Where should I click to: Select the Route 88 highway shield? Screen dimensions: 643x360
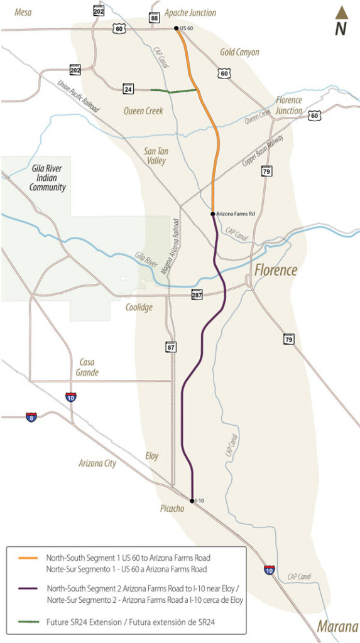click(154, 19)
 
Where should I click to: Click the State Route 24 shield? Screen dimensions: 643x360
click(128, 90)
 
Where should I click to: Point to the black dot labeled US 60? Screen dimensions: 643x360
click(177, 29)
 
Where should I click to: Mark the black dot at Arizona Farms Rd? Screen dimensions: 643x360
click(213, 214)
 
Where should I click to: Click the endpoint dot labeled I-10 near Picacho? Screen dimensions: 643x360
click(192, 500)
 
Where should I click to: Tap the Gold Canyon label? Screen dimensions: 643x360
click(239, 52)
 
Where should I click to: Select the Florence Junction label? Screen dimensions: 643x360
click(288, 105)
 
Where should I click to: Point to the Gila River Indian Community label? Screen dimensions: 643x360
click(48, 178)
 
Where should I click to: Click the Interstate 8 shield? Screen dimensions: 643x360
click(31, 417)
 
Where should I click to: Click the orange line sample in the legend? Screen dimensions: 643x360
click(25, 557)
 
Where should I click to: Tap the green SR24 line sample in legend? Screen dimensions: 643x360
click(25, 622)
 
